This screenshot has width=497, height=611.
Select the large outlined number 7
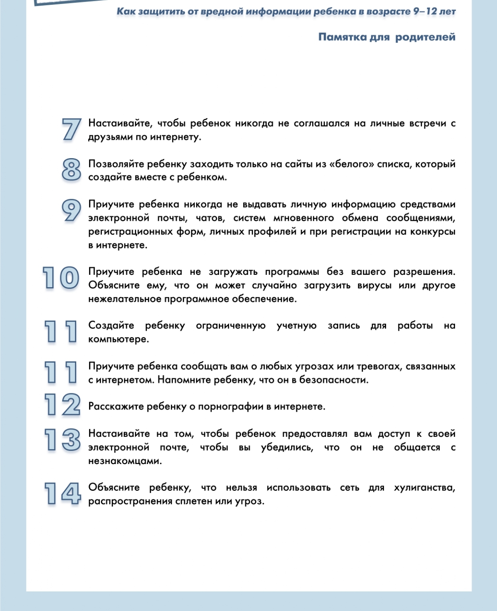(x=71, y=129)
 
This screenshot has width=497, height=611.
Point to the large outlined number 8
(x=71, y=169)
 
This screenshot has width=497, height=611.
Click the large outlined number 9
(x=71, y=210)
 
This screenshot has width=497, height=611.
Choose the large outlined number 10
(x=61, y=278)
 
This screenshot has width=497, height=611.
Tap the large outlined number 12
(x=62, y=405)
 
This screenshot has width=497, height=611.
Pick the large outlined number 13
(x=62, y=439)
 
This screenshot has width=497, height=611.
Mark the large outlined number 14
(x=62, y=494)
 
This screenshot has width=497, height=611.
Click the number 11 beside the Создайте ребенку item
(x=61, y=331)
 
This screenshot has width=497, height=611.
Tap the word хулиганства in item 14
(x=424, y=488)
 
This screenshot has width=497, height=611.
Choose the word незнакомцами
(x=125, y=461)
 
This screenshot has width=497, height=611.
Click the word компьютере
(x=118, y=339)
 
